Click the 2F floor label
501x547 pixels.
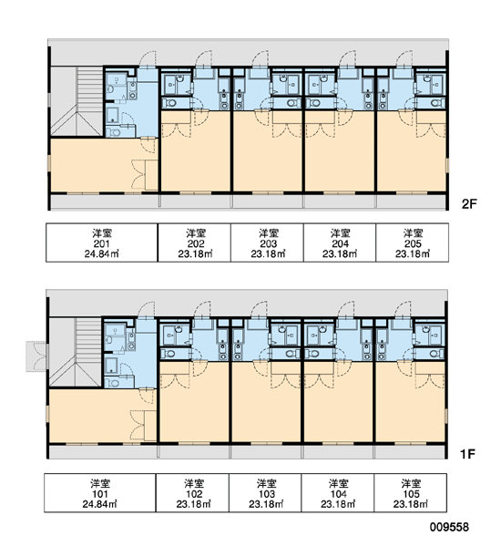click(469, 203)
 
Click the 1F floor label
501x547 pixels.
click(467, 454)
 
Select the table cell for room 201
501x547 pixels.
click(102, 243)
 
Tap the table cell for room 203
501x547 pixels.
click(267, 243)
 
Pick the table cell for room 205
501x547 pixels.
click(412, 243)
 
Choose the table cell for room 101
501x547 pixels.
click(100, 493)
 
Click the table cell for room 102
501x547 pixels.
click(192, 493)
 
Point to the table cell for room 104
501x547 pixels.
click(338, 493)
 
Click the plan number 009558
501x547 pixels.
click(449, 527)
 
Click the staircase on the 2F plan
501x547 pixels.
click(77, 101)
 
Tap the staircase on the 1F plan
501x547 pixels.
click(76, 352)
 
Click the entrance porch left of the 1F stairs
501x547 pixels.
click(36, 356)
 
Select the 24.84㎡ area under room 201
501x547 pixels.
click(102, 253)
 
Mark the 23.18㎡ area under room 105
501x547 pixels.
click(410, 504)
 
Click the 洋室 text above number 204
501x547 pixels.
click(340, 232)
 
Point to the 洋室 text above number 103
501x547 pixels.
click(267, 483)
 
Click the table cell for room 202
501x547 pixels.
click(194, 243)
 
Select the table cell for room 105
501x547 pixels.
click(411, 493)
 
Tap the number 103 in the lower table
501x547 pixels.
click(267, 494)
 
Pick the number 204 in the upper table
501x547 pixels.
click(340, 243)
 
